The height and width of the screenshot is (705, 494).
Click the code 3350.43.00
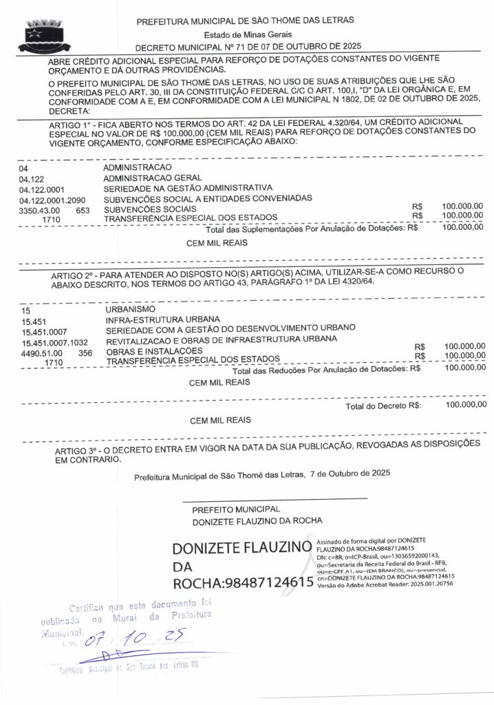[x=40, y=209]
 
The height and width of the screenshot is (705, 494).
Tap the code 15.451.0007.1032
[x=55, y=342]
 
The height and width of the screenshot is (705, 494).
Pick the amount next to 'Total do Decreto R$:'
[x=464, y=405]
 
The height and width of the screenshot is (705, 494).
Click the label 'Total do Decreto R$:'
[x=383, y=406]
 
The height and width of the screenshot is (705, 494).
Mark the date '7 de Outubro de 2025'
[x=350, y=474]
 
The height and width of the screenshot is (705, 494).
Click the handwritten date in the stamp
[x=130, y=642]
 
